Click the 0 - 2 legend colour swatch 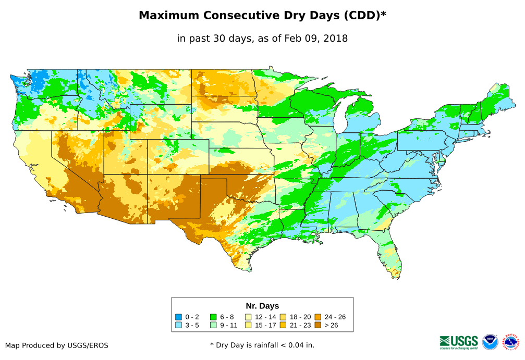[x=178, y=317]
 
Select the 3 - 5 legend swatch [x=178, y=325]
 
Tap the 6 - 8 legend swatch [x=213, y=317]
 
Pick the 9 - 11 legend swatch [x=213, y=325]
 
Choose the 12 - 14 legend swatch [x=248, y=317]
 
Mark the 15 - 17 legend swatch [x=248, y=325]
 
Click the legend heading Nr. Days [x=262, y=306]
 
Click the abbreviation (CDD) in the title [x=361, y=16]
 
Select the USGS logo [x=459, y=342]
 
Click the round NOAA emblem [x=490, y=342]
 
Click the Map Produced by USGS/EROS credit [x=57, y=345]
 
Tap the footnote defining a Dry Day [x=262, y=345]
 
